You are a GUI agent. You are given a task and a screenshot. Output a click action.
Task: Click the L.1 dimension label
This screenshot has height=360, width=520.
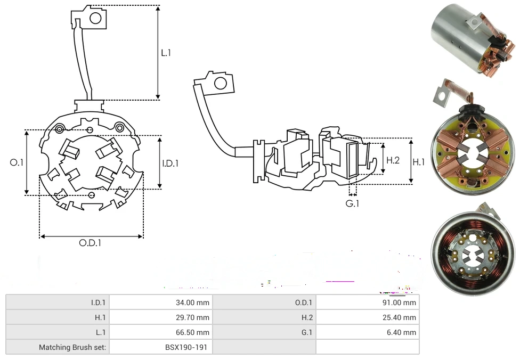coord(166,53)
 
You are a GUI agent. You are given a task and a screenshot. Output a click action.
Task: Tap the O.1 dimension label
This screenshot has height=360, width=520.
coord(17,162)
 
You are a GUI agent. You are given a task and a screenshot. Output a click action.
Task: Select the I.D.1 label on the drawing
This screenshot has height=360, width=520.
coord(170,163)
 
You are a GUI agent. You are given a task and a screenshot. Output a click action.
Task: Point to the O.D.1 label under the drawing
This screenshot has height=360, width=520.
coord(90,243)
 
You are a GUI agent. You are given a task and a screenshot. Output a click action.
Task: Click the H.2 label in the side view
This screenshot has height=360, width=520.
coord(393,160)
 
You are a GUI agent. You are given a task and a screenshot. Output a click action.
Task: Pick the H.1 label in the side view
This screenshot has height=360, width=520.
coord(419,162)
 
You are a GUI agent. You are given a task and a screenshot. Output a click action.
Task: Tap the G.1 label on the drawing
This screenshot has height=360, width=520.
coord(352,203)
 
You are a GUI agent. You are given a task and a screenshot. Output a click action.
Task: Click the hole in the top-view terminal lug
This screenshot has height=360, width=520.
coord(95,19)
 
